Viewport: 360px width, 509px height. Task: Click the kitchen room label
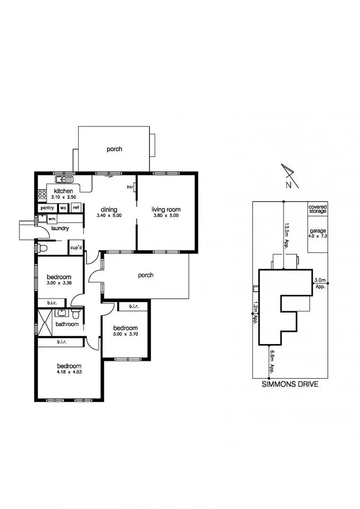point(63,191)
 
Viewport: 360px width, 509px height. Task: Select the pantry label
point(47,208)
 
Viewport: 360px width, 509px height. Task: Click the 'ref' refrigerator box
point(76,208)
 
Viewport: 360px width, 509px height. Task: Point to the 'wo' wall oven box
point(63,208)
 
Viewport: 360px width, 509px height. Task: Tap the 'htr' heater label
point(130,187)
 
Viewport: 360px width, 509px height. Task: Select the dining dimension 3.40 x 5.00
point(109,216)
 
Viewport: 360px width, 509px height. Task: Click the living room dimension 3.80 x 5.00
point(166,216)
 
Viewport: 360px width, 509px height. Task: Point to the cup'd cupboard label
point(75,248)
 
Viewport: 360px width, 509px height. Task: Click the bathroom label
point(67,324)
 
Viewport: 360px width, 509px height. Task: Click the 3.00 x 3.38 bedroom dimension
point(59,284)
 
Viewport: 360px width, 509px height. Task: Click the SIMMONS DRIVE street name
point(289,384)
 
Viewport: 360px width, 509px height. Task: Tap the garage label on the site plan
point(317,231)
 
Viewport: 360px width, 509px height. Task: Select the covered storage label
point(317,209)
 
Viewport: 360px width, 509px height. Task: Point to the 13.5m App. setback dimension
point(288,233)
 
